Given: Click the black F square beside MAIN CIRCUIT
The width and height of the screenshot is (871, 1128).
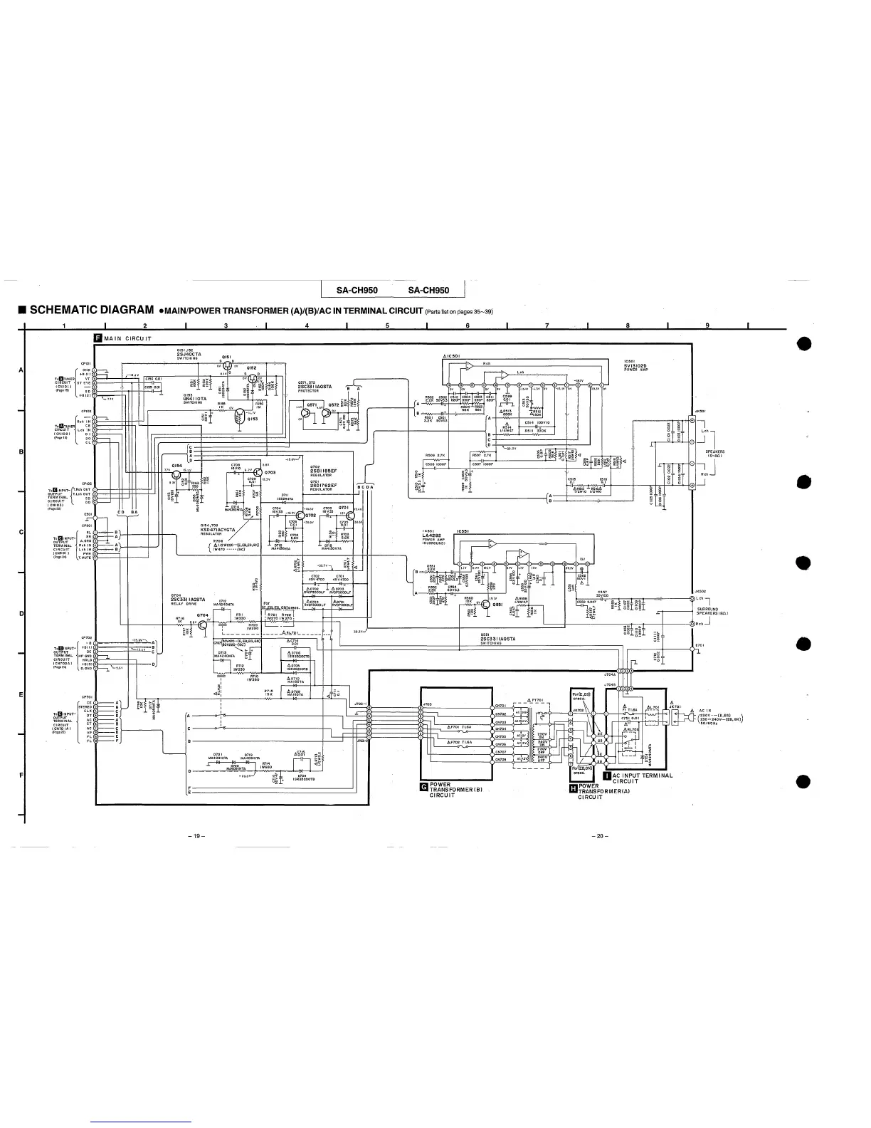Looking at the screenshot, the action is pos(98,338).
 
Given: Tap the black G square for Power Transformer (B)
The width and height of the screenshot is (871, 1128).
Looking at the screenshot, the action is pos(424,786).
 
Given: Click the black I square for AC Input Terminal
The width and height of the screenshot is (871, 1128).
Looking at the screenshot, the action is pos(606,775).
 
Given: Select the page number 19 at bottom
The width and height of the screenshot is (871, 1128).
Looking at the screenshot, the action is pos(191,835).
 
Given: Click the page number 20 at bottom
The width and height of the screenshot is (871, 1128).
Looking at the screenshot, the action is pos(599,835).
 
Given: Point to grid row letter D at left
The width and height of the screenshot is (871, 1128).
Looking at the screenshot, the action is pos(21,613).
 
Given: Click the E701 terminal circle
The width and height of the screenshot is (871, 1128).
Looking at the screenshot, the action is pos(694,649).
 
